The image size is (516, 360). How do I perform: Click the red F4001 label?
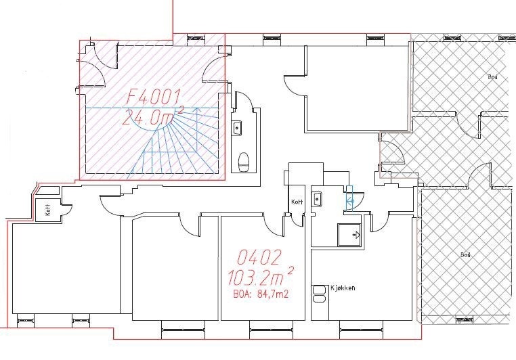click(154, 97)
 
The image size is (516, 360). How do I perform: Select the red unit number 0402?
click(259, 257)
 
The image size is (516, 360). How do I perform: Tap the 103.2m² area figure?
click(260, 278)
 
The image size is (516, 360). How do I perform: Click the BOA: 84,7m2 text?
click(261, 294)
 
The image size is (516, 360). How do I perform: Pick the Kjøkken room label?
click(343, 288)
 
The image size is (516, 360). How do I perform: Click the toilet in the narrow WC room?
click(244, 162)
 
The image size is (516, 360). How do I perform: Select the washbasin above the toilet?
click(237, 128)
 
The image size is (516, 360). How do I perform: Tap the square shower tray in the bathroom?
click(349, 235)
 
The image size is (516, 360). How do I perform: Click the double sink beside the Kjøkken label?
click(318, 294)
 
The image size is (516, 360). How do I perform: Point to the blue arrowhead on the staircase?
click(198, 110)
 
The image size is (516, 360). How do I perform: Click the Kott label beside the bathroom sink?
click(297, 202)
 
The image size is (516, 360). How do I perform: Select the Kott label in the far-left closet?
click(48, 210)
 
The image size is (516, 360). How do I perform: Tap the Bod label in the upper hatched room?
click(492, 77)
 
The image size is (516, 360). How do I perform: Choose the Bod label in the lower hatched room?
click(465, 255)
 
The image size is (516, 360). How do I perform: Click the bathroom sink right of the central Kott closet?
click(317, 199)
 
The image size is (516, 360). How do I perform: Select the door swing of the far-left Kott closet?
click(68, 211)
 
